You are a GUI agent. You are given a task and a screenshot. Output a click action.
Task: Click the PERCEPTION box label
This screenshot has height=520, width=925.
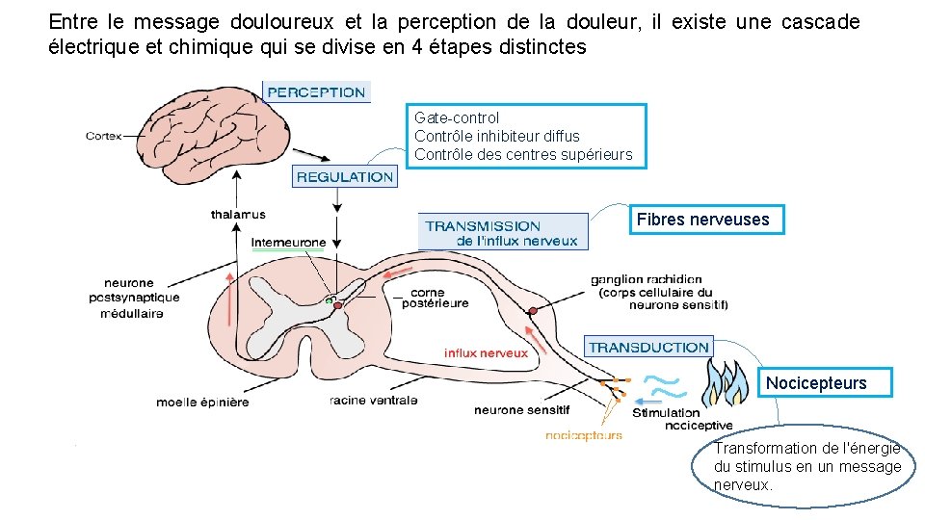click(316, 92)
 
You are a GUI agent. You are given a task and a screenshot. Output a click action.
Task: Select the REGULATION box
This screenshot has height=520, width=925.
click(345, 177)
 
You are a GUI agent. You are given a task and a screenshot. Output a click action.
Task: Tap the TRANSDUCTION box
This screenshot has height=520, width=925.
click(648, 347)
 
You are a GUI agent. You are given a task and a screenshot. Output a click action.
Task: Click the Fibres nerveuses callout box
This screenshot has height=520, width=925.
click(702, 220)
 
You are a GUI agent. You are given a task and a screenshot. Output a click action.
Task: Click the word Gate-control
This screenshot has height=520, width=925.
click(457, 118)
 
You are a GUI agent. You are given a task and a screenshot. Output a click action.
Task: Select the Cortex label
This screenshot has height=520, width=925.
click(103, 136)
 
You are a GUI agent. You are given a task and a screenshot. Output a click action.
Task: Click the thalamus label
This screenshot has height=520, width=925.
click(238, 214)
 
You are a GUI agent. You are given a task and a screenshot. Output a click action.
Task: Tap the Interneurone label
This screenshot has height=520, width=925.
click(288, 242)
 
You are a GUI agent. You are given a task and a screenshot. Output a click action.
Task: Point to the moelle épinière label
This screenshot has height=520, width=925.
click(202, 402)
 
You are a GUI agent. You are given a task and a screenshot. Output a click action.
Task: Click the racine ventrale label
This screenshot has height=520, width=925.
click(373, 400)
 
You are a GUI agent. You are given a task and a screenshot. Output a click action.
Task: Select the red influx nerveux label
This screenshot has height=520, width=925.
click(486, 353)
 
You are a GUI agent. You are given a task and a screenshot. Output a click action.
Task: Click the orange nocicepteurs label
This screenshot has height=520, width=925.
click(584, 435)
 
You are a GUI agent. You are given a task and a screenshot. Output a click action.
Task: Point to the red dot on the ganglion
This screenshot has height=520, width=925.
click(532, 310)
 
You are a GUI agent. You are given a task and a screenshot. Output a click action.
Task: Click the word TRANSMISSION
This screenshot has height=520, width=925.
click(483, 226)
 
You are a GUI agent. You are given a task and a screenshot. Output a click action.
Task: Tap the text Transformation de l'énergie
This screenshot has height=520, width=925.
click(806, 449)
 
